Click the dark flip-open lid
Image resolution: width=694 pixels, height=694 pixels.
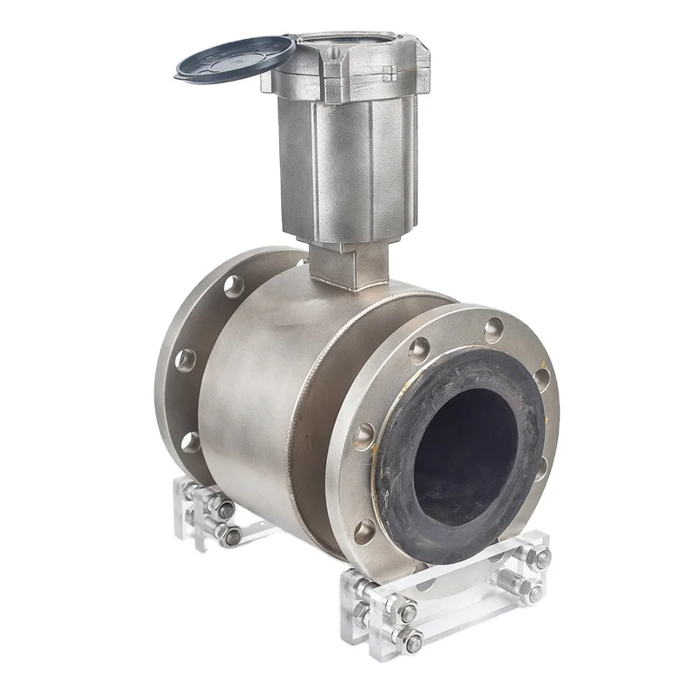click(232, 58)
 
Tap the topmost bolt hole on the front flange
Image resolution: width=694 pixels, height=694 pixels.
click(494, 329)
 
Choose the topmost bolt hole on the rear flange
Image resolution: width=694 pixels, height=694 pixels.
click(233, 285)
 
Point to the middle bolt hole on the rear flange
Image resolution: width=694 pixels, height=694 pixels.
click(184, 359)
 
